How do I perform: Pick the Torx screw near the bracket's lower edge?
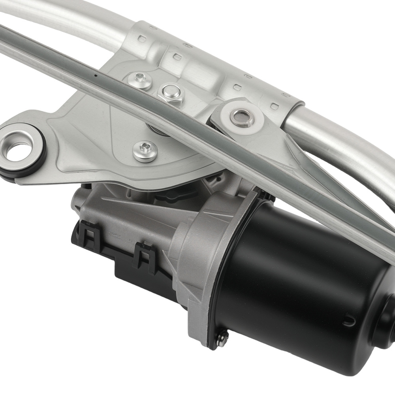(145, 150)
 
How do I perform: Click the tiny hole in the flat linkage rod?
(96, 75)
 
